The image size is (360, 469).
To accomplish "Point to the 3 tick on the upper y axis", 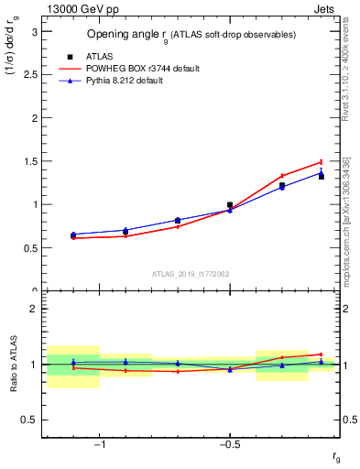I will tap(34, 31).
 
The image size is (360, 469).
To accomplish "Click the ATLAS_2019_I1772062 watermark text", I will tap(191, 274).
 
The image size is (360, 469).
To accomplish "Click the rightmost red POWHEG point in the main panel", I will tap(321, 161).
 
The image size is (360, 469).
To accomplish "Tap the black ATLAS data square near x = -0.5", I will tap(230, 205).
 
